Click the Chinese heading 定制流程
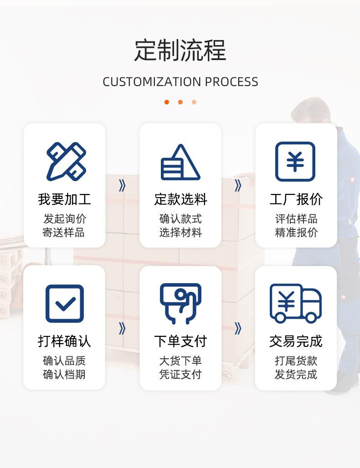pos(180,51)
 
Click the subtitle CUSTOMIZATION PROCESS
pos(180,82)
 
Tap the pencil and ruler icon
pos(66,162)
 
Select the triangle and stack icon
pos(180,163)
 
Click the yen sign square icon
pos(295,162)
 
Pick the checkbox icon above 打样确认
pos(65,304)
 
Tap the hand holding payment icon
pos(180,303)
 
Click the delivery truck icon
pos(295,303)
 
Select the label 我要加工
pos(64,199)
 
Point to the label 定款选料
pos(180,199)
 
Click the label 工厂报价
pos(296,199)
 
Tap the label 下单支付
pos(180,341)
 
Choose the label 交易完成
pos(296,341)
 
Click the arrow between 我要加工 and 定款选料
pos(122,186)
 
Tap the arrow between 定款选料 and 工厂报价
pos(238,186)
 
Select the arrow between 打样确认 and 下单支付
pos(122,328)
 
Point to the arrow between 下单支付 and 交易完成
pos(238,328)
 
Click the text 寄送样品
pos(64,233)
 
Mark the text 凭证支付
pos(180,375)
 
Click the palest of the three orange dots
pos(194,102)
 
